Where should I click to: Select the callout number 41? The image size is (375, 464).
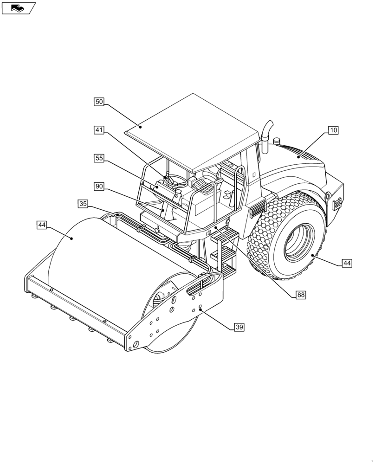[99, 130]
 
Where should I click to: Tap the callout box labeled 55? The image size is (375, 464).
[99, 158]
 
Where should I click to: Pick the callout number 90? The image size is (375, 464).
[99, 186]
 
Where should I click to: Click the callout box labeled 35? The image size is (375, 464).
[83, 204]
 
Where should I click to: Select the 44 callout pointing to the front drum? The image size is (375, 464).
[42, 225]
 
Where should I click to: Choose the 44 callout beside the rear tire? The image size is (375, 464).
[347, 263]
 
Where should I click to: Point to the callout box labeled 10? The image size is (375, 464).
[333, 130]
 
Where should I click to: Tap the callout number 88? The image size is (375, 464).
[301, 295]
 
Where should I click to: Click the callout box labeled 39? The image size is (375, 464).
[239, 327]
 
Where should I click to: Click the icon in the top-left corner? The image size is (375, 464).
[18, 8]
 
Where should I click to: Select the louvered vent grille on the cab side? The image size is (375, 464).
[256, 209]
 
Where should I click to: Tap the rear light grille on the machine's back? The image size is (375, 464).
[337, 203]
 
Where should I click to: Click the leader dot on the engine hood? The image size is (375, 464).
[298, 157]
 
